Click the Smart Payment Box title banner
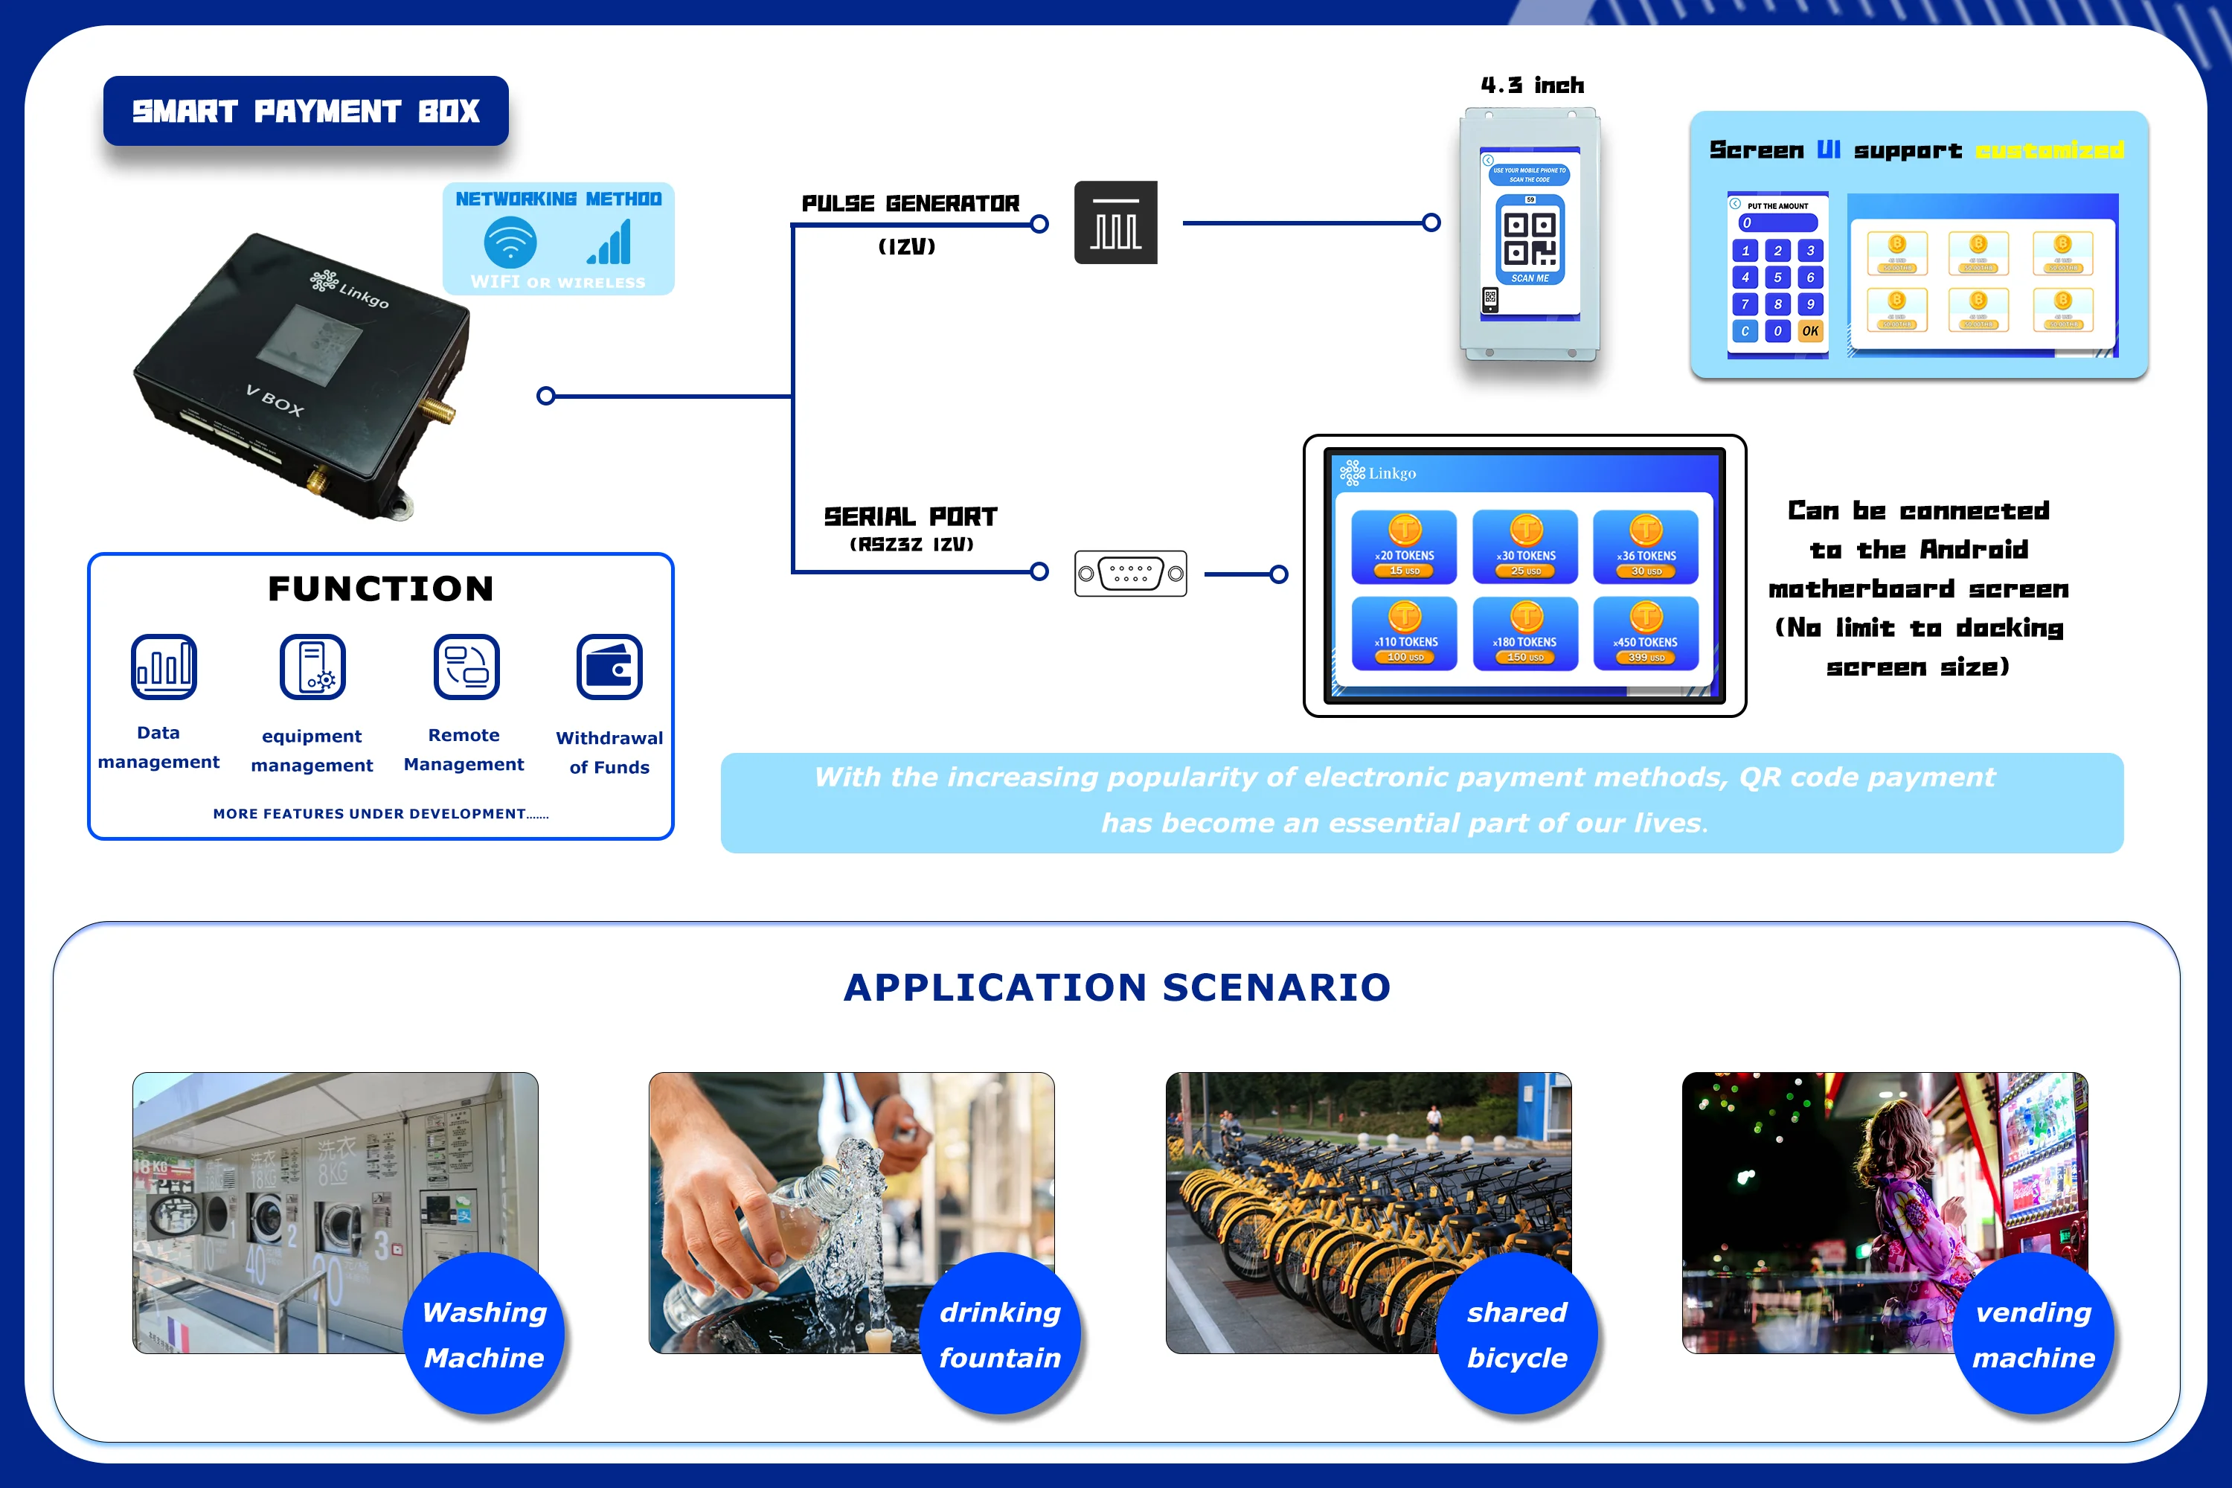click(x=306, y=111)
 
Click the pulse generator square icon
click(x=1115, y=223)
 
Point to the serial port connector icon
click(x=1130, y=573)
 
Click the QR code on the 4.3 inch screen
click(x=1530, y=238)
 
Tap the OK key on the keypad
click(x=1809, y=331)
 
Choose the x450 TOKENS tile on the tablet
click(x=1646, y=633)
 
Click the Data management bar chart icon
click(x=164, y=666)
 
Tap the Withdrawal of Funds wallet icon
click(x=609, y=666)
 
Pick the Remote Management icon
click(x=466, y=666)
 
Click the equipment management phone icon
click(x=312, y=666)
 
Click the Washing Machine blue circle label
click(x=484, y=1333)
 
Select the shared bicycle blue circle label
click(x=1516, y=1333)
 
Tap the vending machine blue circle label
click(x=2033, y=1333)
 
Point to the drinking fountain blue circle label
click(x=1000, y=1333)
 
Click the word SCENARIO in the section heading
click(x=1277, y=987)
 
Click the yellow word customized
click(x=2050, y=150)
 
